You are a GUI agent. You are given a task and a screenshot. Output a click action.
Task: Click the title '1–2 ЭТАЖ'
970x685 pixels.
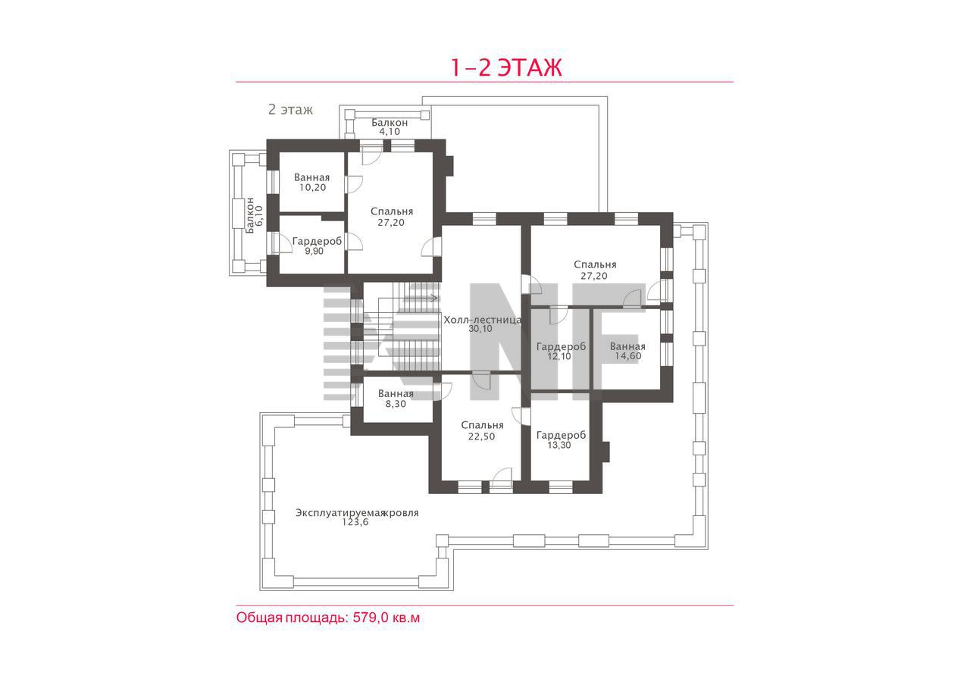(x=506, y=67)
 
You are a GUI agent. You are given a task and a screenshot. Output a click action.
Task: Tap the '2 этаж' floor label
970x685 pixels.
(x=290, y=109)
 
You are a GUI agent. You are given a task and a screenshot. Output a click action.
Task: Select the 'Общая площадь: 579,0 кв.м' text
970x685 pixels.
(x=328, y=618)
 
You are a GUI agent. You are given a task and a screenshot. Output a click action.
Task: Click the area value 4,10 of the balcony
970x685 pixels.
(x=390, y=132)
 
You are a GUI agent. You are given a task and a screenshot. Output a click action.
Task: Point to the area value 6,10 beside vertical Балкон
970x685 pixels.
(x=259, y=216)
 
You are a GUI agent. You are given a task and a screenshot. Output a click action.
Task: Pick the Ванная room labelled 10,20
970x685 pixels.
(x=311, y=183)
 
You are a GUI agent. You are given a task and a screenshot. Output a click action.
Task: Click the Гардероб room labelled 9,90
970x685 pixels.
(x=311, y=245)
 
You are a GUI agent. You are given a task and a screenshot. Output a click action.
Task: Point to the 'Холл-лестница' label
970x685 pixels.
(x=483, y=320)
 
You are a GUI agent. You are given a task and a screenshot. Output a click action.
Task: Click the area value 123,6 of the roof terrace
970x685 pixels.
(x=355, y=522)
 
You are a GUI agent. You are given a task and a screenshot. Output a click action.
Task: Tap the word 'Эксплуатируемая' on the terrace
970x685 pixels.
(x=340, y=513)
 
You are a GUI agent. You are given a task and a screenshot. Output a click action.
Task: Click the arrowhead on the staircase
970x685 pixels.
(x=434, y=298)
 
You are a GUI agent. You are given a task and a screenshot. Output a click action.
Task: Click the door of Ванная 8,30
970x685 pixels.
(x=442, y=392)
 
